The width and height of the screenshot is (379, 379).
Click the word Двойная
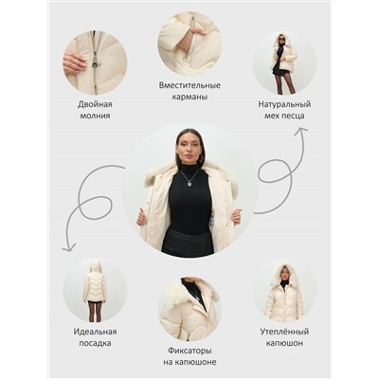[95, 104]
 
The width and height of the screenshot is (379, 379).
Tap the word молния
[95, 116]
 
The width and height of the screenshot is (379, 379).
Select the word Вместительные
[189, 85]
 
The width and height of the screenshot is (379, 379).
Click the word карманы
[189, 97]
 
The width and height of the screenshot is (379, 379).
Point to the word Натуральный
[284, 104]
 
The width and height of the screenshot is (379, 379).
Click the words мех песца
[284, 116]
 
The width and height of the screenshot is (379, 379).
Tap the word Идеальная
[95, 332]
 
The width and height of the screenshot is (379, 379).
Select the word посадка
[95, 343]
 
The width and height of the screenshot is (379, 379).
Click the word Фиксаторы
[189, 351]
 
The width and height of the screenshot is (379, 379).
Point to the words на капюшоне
[189, 362]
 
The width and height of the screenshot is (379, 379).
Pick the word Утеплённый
[284, 332]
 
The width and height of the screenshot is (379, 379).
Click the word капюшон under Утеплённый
[284, 343]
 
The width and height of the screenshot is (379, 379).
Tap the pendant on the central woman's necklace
[189, 183]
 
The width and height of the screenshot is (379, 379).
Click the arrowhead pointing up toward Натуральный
[301, 130]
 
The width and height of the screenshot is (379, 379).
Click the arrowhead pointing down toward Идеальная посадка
[69, 248]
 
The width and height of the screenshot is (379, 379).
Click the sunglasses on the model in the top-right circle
[281, 39]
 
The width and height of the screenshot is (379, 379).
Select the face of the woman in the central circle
[189, 150]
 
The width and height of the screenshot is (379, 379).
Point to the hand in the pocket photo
[195, 31]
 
